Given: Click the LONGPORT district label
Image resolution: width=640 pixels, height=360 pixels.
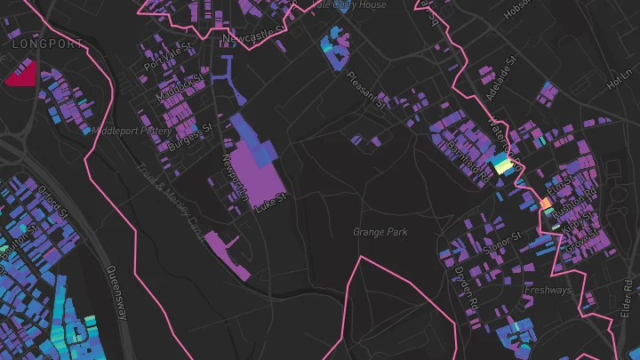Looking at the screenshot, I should click(x=48, y=44).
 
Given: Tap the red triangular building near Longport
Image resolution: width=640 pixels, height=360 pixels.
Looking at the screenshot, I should click(x=21, y=75).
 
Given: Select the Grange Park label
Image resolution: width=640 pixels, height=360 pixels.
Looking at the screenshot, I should click(x=380, y=232).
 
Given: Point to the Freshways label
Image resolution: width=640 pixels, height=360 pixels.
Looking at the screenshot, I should click(x=548, y=290).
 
